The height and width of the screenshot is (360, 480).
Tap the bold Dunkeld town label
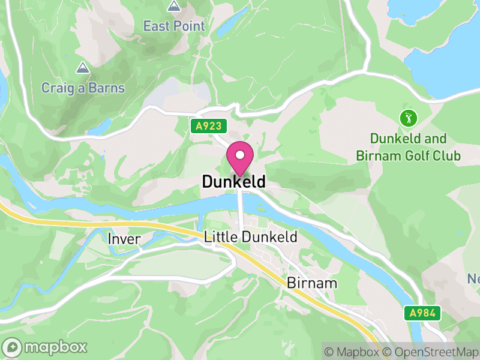pyautogui.click(x=233, y=181)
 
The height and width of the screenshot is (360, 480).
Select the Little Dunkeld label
pyautogui.click(x=251, y=237)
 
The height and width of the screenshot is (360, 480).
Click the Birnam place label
pyautogui.click(x=312, y=283)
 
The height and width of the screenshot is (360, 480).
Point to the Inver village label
pyautogui.click(x=124, y=239)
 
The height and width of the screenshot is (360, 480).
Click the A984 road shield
pyautogui.click(x=422, y=313)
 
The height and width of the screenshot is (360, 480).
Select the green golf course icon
pyautogui.click(x=409, y=118)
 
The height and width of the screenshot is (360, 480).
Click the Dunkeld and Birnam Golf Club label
pyautogui.click(x=409, y=148)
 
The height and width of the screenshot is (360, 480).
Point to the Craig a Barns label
pyautogui.click(x=83, y=88)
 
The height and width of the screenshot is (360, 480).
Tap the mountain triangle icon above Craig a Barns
pyautogui.click(x=82, y=67)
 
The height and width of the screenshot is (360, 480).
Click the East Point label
pyautogui.click(x=174, y=26)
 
